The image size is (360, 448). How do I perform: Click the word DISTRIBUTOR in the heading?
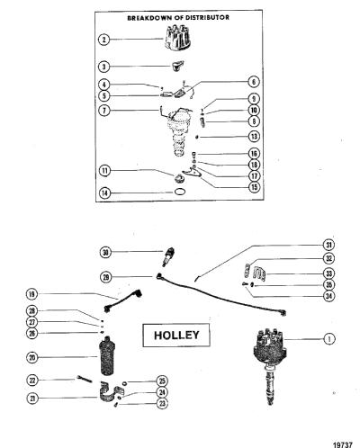tap(207, 18)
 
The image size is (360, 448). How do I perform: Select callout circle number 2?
tap(103, 40)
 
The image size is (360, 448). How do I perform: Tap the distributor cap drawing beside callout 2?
tap(178, 38)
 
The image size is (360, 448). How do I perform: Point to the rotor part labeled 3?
tap(178, 66)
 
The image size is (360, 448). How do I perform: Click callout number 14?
tap(104, 193)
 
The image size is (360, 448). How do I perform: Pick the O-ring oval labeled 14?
tap(180, 192)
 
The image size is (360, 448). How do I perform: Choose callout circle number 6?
tap(254, 82)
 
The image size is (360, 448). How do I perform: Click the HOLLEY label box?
tap(176, 336)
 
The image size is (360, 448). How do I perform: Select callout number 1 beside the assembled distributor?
tap(329, 339)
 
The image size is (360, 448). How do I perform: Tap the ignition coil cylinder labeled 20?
tap(106, 356)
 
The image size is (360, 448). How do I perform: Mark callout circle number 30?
tap(105, 253)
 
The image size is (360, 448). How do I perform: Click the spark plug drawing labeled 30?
tap(168, 257)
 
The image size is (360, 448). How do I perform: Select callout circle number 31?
tap(329, 245)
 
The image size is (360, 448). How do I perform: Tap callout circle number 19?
tap(32, 294)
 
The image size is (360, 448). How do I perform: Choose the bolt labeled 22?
tap(85, 379)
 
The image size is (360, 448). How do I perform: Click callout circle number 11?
tap(104, 171)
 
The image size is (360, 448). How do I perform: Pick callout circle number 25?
tap(162, 381)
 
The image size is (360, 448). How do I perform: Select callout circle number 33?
tap(329, 273)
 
